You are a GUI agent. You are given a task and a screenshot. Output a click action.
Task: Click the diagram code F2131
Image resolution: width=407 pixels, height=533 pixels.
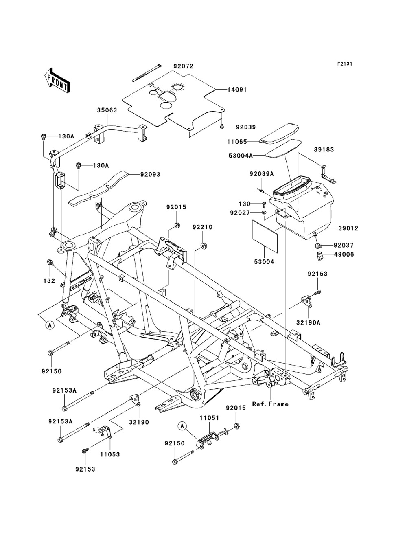point(345,64)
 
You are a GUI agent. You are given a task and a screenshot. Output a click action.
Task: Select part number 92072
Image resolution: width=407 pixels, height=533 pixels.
point(183,66)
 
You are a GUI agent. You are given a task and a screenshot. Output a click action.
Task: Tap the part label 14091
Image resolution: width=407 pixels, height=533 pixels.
point(237,90)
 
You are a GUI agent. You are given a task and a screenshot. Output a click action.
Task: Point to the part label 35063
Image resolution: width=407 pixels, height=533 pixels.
point(107,110)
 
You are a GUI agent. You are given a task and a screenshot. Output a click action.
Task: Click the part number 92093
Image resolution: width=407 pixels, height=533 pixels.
point(150,175)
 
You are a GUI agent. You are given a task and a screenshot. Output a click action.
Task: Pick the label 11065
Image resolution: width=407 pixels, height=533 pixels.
point(237,142)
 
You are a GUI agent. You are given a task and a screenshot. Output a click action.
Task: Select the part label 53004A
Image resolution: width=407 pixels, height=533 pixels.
point(241,156)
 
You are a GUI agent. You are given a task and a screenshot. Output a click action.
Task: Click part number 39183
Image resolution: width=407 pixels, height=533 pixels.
point(324,149)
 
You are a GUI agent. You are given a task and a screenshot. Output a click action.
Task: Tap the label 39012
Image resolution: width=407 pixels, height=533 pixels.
point(348,228)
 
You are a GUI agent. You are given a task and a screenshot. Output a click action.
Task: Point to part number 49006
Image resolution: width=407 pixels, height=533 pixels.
point(344,254)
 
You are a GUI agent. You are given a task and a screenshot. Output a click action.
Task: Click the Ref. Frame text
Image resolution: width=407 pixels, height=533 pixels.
point(270,404)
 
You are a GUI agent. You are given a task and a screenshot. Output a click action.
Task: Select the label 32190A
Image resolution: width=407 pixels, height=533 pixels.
point(308,323)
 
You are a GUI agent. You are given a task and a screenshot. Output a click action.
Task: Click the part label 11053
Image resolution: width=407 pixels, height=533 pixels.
point(110,454)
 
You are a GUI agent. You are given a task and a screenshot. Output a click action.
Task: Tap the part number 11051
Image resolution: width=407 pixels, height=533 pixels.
point(210,418)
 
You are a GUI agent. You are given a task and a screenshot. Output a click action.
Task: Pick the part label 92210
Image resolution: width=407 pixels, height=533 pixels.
point(203,227)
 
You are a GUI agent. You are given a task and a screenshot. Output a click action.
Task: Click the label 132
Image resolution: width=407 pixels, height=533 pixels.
point(49,281)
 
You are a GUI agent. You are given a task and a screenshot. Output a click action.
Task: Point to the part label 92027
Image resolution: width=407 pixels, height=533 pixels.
point(240,213)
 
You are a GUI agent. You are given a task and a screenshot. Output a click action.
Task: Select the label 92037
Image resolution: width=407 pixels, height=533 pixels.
point(344,245)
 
